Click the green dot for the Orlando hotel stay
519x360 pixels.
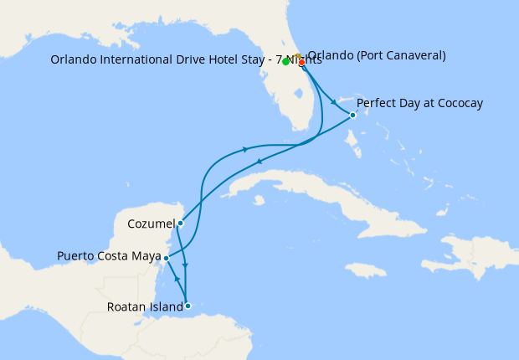[x=286, y=62]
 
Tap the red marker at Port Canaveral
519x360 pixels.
[x=301, y=62]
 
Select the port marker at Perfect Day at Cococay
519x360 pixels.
[x=352, y=115]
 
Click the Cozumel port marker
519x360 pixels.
[x=180, y=223]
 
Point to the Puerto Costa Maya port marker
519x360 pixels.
[x=166, y=258]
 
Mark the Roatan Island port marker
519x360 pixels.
[x=188, y=306]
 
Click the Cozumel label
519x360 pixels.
[x=152, y=224]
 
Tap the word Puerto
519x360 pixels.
[x=75, y=255]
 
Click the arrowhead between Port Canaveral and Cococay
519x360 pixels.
[x=335, y=103]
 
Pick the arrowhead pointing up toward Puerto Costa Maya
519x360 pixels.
[x=177, y=277]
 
